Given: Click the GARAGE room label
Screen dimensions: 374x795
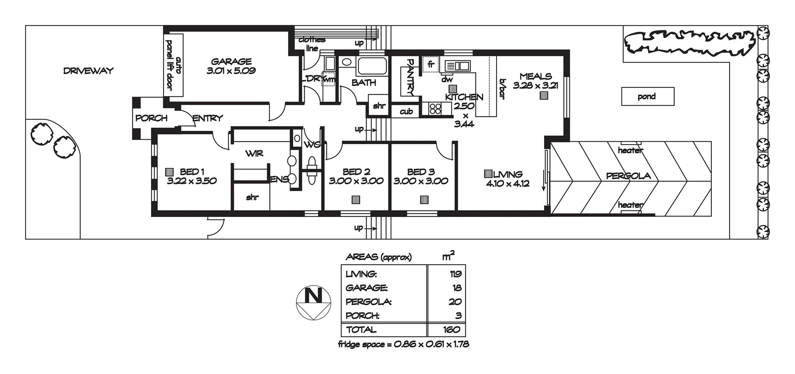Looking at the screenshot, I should click(231, 61).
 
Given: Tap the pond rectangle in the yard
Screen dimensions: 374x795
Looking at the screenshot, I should click(648, 97).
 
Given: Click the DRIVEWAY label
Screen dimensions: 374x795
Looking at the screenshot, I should click(88, 71).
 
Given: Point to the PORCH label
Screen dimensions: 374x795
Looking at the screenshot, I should click(151, 118).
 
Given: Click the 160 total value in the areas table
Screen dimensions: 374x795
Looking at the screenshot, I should click(451, 330).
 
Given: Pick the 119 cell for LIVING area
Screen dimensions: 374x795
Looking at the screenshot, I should click(455, 274).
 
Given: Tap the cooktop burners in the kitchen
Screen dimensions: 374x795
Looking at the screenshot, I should click(435, 109).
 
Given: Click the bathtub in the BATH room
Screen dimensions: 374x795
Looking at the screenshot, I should click(372, 66).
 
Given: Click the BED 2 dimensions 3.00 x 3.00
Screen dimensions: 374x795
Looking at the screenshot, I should click(356, 181).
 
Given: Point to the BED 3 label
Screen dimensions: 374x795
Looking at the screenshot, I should click(421, 171).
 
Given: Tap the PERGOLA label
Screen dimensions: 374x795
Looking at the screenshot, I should click(628, 176).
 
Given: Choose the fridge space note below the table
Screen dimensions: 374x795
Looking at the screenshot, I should click(403, 344).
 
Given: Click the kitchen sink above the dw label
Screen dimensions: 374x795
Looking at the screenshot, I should click(457, 65).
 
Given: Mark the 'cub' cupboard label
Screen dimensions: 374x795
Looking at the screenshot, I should click(406, 111).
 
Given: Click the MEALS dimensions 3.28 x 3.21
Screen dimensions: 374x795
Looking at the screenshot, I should click(535, 86).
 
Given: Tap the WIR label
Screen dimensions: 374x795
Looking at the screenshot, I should click(254, 154).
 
